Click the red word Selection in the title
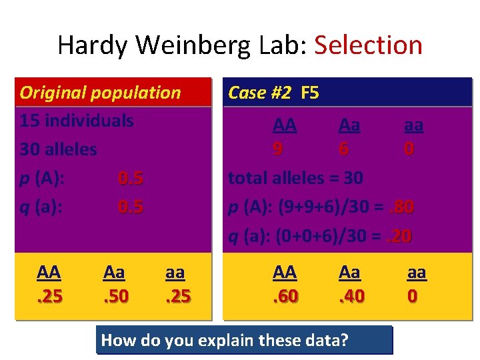[368, 45]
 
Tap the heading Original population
[100, 93]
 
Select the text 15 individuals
[76, 121]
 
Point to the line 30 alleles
[58, 149]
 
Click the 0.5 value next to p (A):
[131, 178]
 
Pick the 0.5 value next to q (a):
[131, 207]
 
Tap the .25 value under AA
[49, 294]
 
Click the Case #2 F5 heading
[273, 93]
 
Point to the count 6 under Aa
[343, 149]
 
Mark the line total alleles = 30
[295, 178]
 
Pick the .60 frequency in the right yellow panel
[285, 294]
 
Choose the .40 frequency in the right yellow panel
[351, 294]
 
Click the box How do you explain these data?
[245, 340]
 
